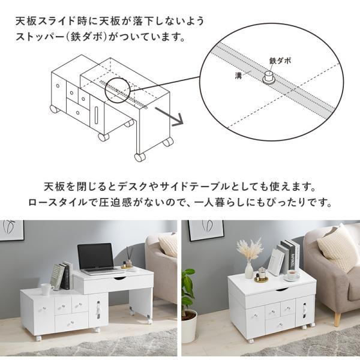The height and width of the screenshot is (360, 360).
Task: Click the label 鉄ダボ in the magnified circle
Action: coord(281,61)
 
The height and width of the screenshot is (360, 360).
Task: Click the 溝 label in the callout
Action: coord(238,76)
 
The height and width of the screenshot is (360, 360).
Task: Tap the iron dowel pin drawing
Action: coord(269,77)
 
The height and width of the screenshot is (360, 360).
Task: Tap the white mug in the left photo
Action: coord(46,289)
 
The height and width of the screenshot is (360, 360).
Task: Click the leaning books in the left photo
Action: coord(61,275)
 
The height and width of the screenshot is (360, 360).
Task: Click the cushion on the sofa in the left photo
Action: coord(169,245)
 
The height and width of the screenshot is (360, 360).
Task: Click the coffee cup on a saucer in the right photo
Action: coord(292,275)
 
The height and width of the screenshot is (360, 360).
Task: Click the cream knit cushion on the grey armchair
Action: coord(337,247)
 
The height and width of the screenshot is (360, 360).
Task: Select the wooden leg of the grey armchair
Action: coord(337,318)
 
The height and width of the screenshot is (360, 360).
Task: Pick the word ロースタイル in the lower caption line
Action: coord(54,201)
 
